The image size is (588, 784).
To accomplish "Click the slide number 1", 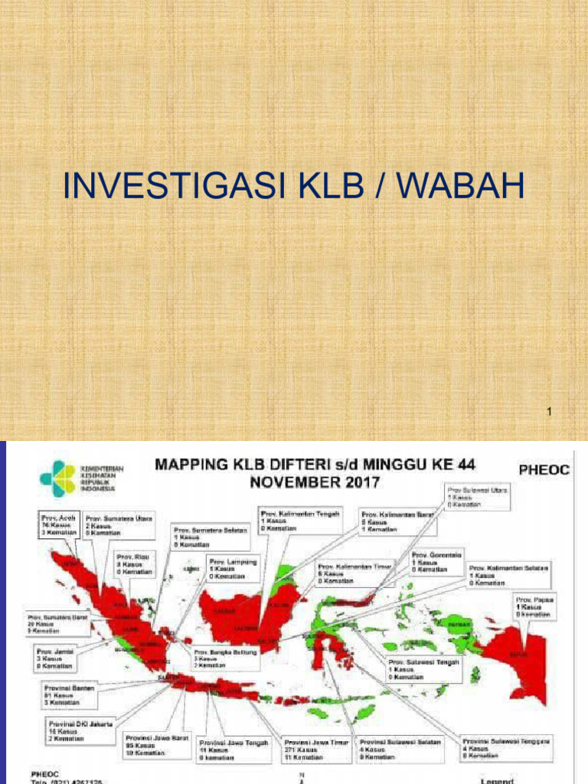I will pyautogui.click(x=550, y=413).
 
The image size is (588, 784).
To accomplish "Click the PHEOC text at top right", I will pyautogui.click(x=545, y=469).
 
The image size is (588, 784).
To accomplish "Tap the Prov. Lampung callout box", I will pyautogui.click(x=233, y=569).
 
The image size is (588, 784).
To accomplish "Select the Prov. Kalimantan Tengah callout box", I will pyautogui.click(x=299, y=518).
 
